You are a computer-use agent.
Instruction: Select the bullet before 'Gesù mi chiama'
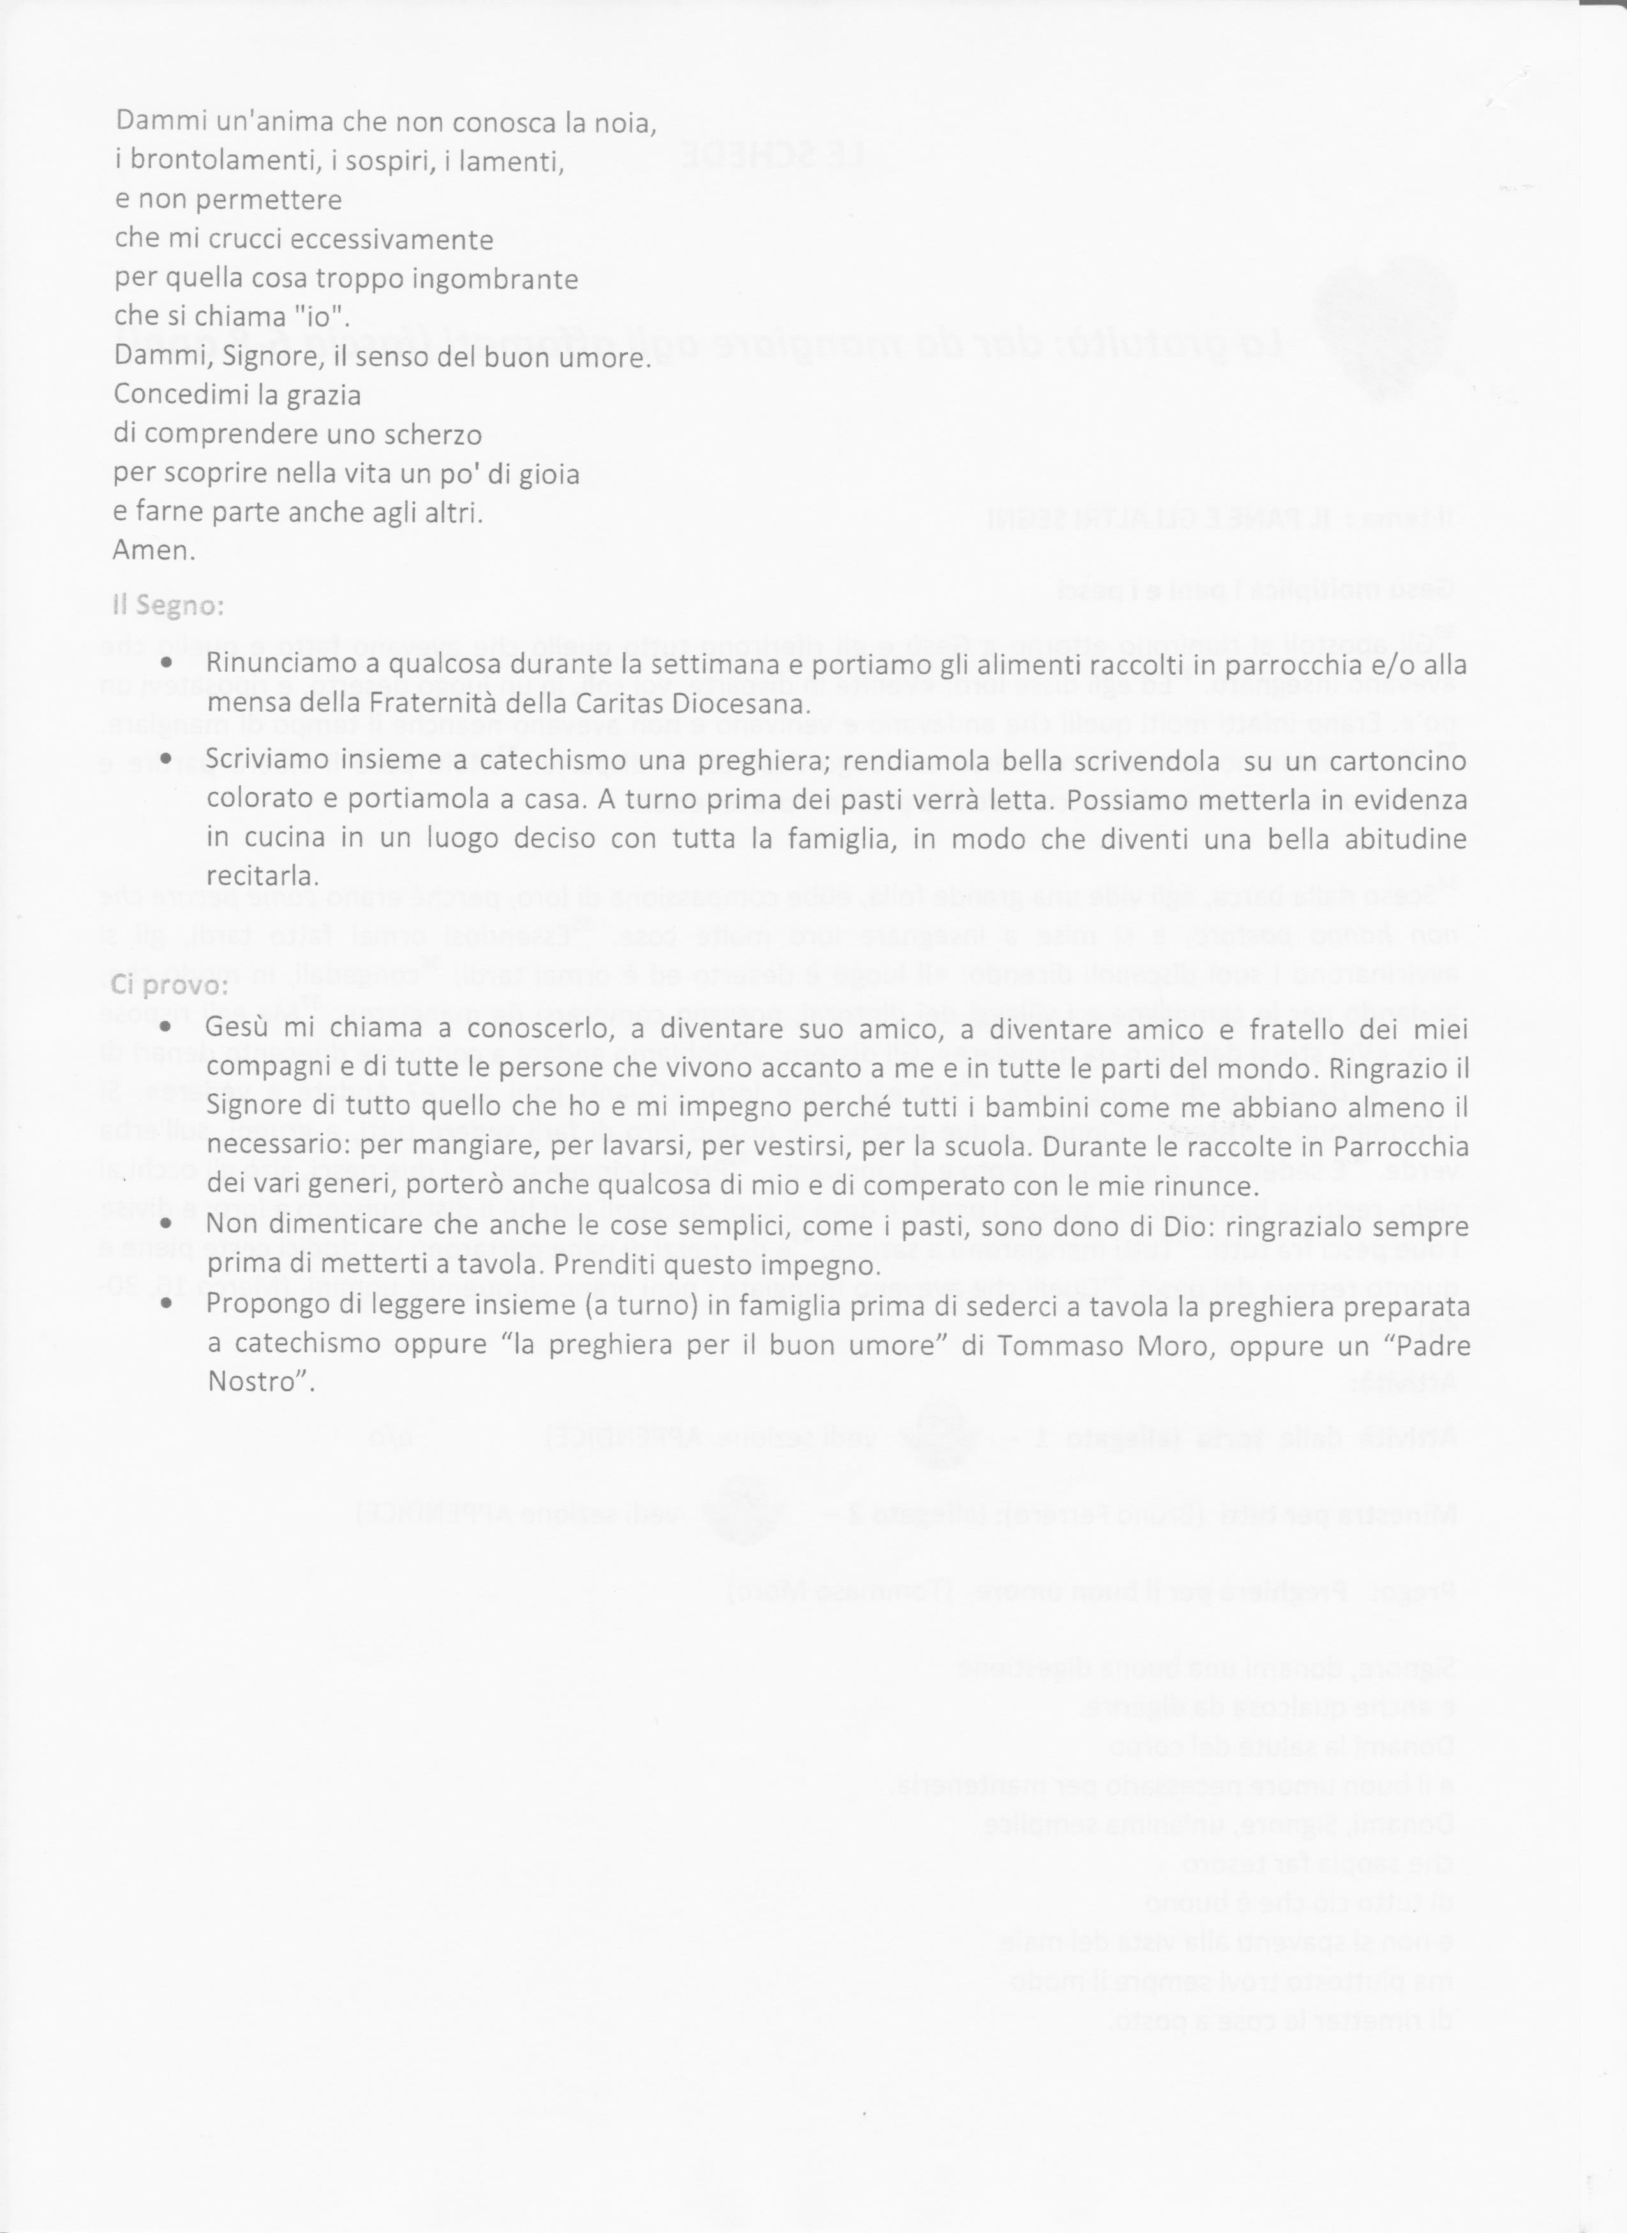tap(167, 1027)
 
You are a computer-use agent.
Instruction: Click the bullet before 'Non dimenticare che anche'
tap(167, 1224)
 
